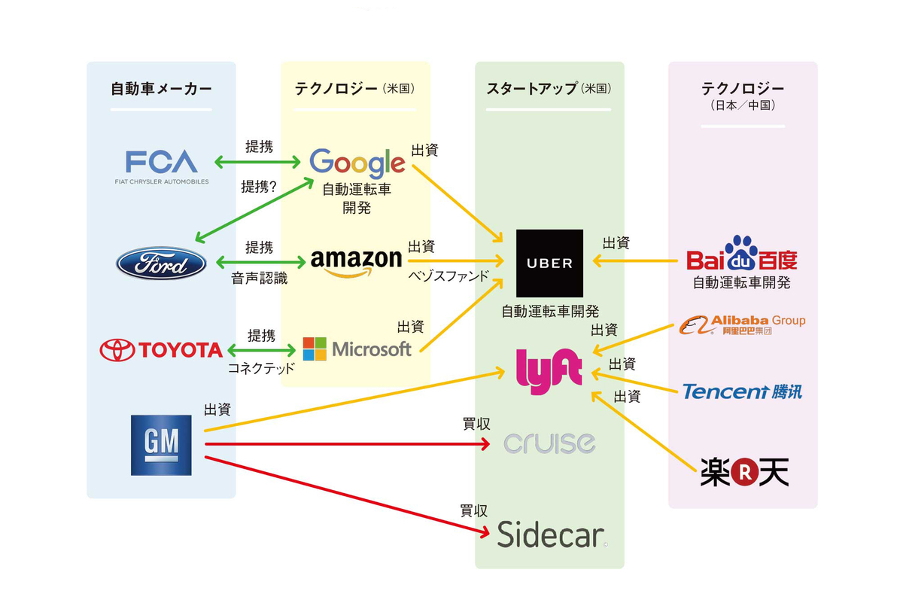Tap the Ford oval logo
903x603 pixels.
point(162,263)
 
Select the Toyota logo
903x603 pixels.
point(161,349)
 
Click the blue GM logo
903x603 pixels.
point(161,444)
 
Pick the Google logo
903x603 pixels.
point(357,162)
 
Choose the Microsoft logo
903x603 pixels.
point(357,349)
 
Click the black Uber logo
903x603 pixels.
point(549,263)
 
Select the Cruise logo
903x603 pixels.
point(549,443)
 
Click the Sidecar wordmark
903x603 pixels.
point(551,535)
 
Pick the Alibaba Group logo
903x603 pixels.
point(741,324)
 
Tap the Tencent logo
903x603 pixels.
point(741,391)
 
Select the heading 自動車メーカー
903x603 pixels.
point(161,89)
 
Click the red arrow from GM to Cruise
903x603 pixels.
point(346,444)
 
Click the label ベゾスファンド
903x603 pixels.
point(448,276)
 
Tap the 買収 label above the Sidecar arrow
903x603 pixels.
point(472,510)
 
